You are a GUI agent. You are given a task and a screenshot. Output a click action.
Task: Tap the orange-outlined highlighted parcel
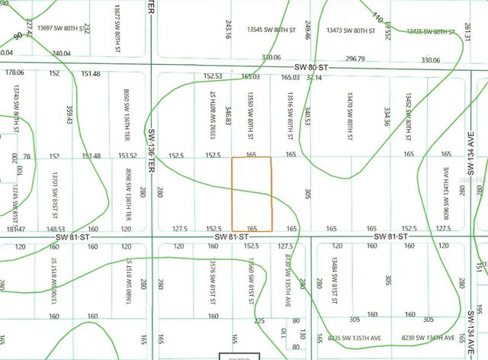(x=251, y=194)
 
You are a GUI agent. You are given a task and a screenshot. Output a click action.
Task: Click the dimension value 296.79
(x=355, y=58)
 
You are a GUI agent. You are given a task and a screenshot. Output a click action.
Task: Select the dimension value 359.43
(x=69, y=115)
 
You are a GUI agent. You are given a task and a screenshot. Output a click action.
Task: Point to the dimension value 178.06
(x=14, y=72)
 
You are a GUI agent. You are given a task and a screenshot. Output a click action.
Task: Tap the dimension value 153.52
(x=127, y=156)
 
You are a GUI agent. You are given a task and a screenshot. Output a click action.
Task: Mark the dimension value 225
(x=259, y=320)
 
